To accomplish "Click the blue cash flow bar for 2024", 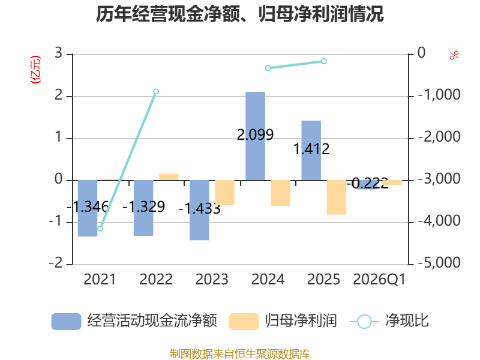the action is coord(256,136).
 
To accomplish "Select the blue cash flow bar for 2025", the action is coord(311,151).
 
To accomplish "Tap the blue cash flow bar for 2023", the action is coord(199,210).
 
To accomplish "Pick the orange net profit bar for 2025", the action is coord(337,197).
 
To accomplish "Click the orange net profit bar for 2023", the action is coord(224,193).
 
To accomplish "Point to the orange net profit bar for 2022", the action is coord(169,177).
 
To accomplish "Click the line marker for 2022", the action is coord(156,92).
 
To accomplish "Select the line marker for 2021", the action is coord(100,229).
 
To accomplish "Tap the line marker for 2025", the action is coord(324,61).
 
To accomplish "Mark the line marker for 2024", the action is coord(268,68).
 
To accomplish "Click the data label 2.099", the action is coord(256,134).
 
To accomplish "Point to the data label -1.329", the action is coord(143,206).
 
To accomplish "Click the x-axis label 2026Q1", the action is coord(379,280).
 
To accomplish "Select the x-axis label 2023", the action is coord(212,280).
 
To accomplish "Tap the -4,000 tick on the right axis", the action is coord(439,221).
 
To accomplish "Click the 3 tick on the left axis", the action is coord(58,53).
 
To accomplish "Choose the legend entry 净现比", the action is coord(389,321).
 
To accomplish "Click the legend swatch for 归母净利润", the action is coord(244,322).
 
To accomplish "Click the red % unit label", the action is coord(454,55).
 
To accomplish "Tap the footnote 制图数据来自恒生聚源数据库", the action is coord(240,354).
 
